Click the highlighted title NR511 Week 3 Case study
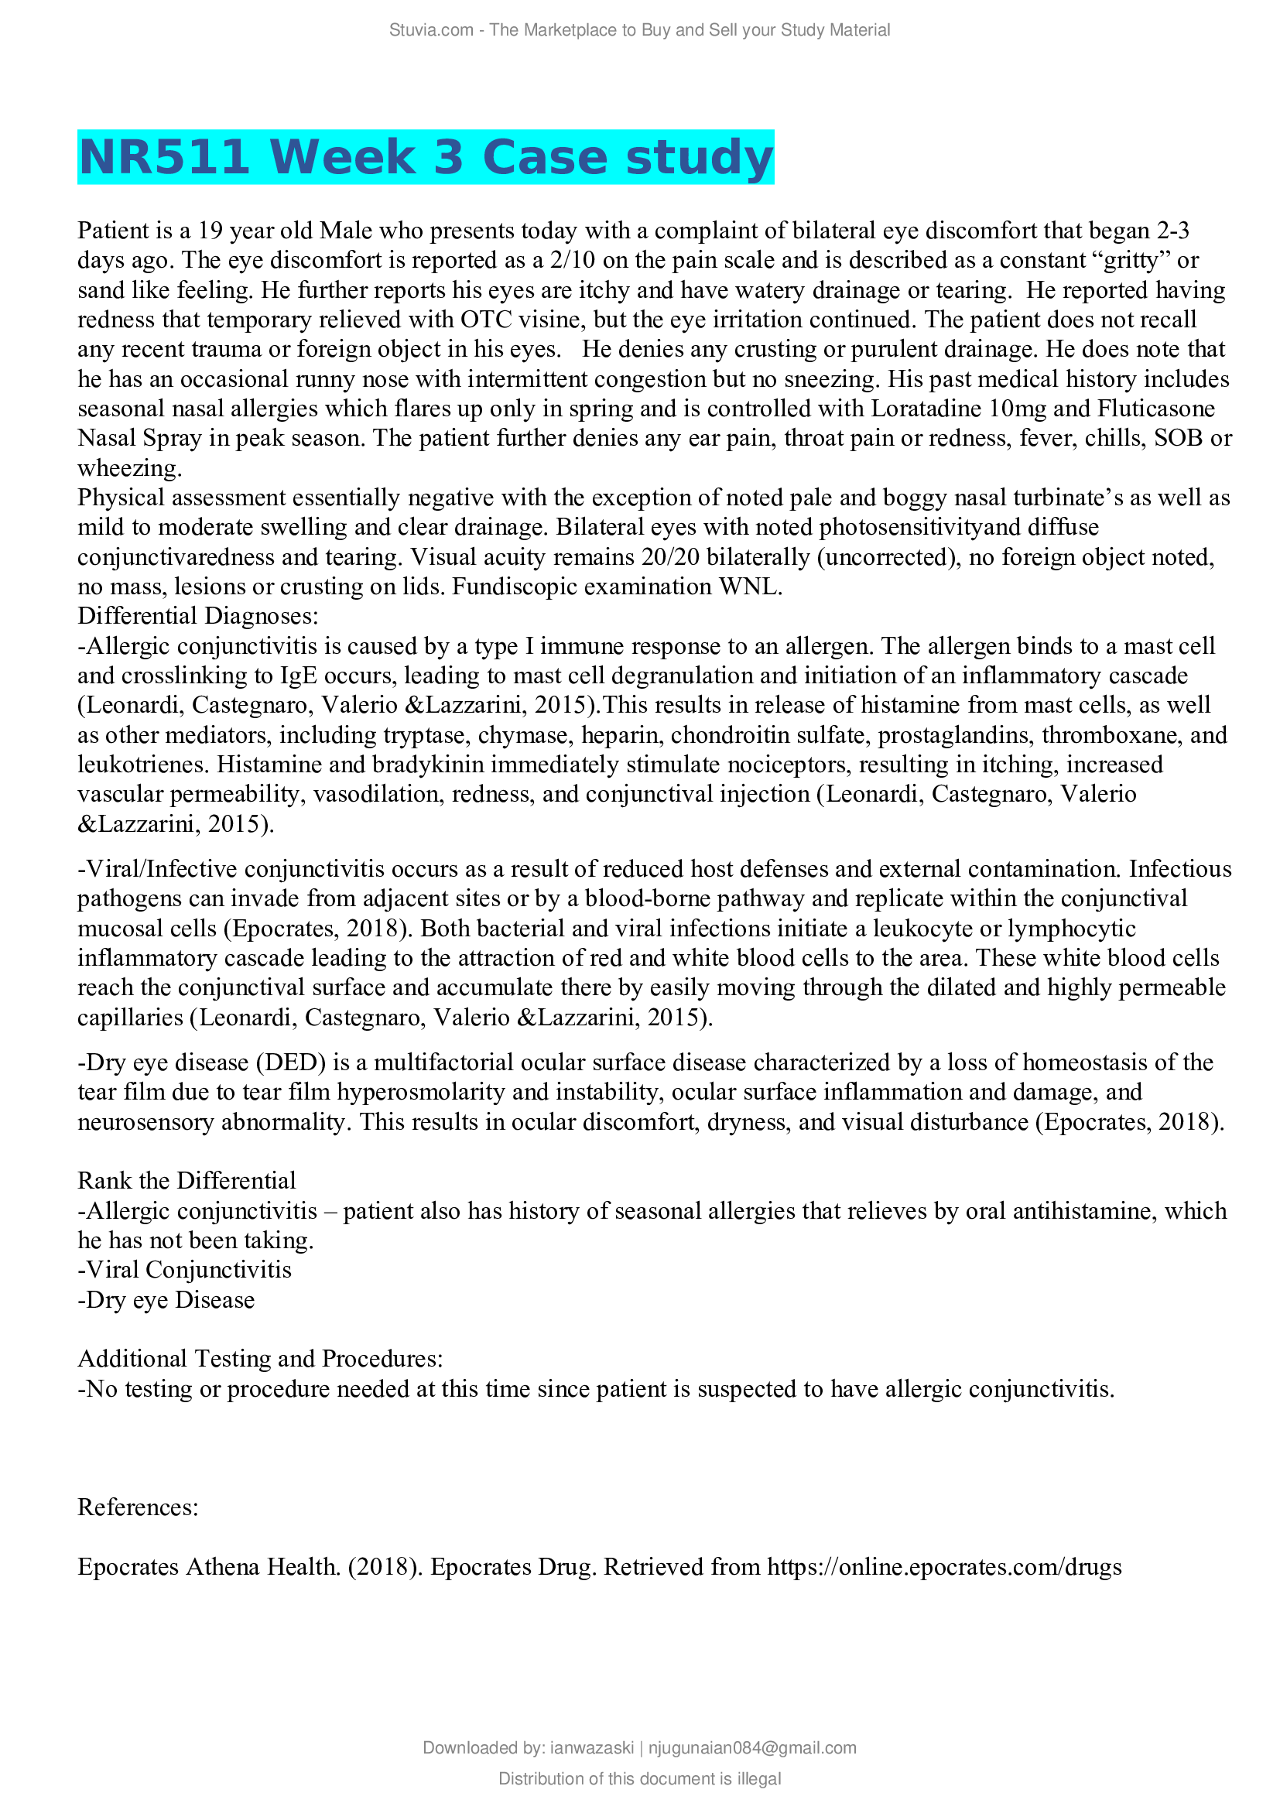pyautogui.click(x=426, y=157)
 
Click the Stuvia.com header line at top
pyautogui.click(x=639, y=30)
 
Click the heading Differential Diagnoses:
pyautogui.click(x=198, y=617)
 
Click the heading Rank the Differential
pyautogui.click(x=187, y=1181)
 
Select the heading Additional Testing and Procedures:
pyautogui.click(x=260, y=1359)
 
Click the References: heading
pyautogui.click(x=138, y=1507)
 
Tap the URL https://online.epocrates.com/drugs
pyautogui.click(x=944, y=1567)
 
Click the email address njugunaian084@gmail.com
pyautogui.click(x=752, y=1749)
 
